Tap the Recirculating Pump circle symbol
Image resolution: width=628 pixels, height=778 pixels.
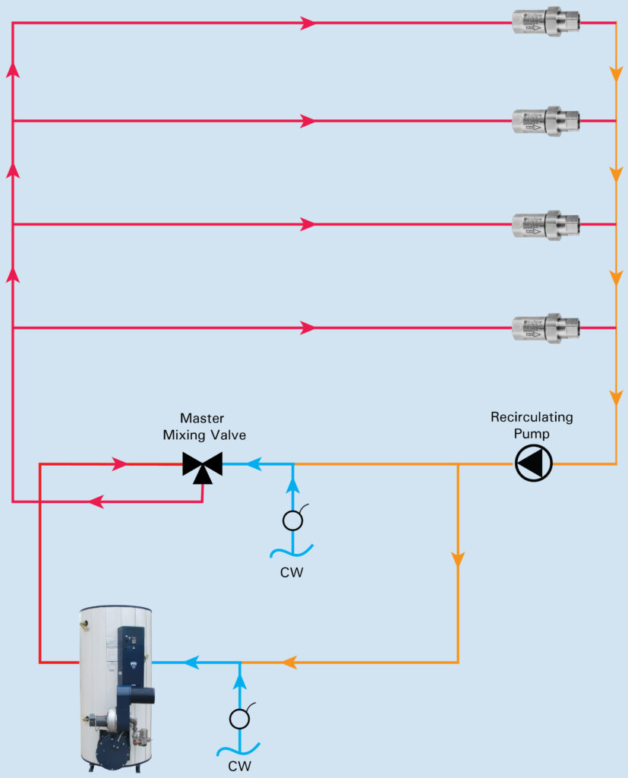tap(534, 463)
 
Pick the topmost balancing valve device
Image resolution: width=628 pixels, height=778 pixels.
tap(545, 23)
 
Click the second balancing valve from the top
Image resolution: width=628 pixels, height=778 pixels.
tap(545, 121)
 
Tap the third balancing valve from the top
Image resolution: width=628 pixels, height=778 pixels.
tap(545, 224)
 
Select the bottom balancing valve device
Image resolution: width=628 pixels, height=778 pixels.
tap(545, 328)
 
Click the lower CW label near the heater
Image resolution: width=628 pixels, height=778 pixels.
tap(239, 766)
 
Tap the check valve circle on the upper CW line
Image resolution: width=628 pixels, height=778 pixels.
tap(292, 520)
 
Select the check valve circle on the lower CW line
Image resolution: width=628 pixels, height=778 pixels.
tap(240, 718)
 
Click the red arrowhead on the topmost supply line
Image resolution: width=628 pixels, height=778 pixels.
tap(308, 23)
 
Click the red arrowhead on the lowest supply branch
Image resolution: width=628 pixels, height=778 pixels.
tap(308, 328)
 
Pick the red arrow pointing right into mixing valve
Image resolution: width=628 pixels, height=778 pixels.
tap(120, 464)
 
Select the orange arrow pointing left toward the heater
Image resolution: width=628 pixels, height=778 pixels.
tap(289, 663)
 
